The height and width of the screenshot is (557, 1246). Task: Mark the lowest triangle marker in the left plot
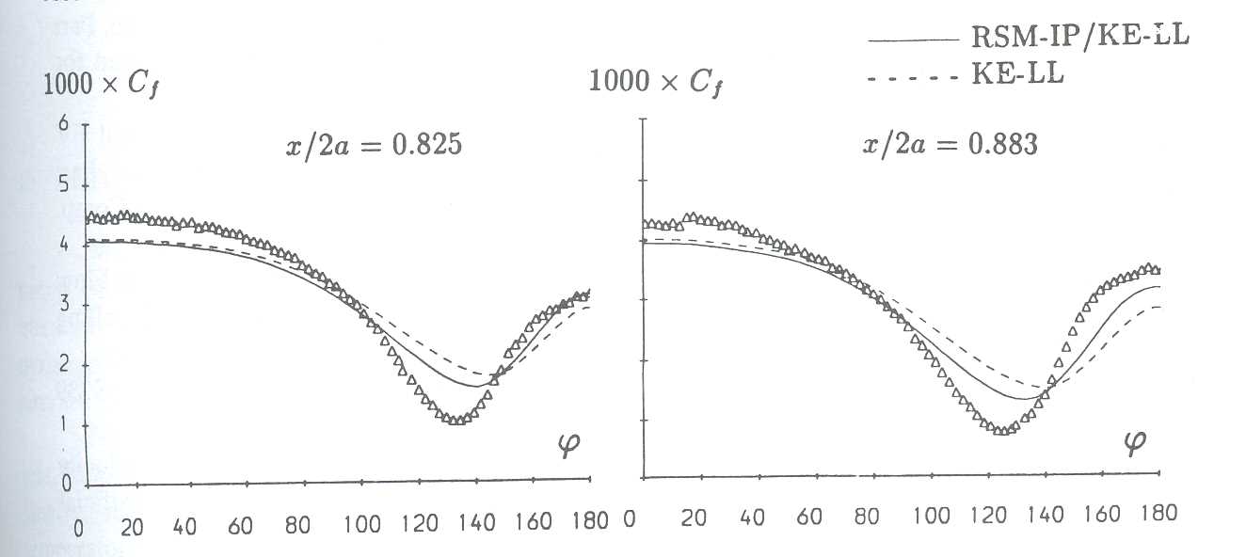[457, 420]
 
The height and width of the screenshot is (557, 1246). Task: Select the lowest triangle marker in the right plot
[1004, 430]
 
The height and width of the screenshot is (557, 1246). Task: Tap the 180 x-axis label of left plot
[590, 521]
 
